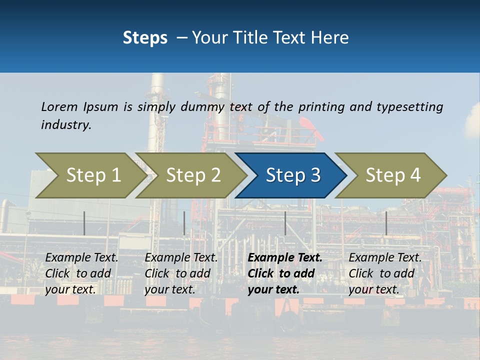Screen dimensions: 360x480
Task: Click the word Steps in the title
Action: point(145,38)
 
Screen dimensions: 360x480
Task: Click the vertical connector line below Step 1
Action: point(84,223)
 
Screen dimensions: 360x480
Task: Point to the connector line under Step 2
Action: point(184,223)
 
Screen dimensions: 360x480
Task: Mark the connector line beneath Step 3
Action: point(285,223)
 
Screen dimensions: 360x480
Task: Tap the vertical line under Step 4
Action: point(386,223)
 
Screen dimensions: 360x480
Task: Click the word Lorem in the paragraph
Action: point(59,107)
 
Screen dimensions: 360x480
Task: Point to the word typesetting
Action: point(409,107)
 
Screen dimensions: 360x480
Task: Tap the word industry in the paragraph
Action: point(65,125)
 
